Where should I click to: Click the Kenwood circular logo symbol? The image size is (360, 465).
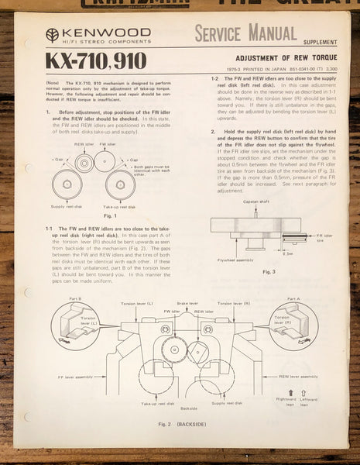(52, 34)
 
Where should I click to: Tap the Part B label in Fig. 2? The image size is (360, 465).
(75, 298)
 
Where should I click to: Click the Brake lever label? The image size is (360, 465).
(184, 303)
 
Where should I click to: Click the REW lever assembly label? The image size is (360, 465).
(300, 375)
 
